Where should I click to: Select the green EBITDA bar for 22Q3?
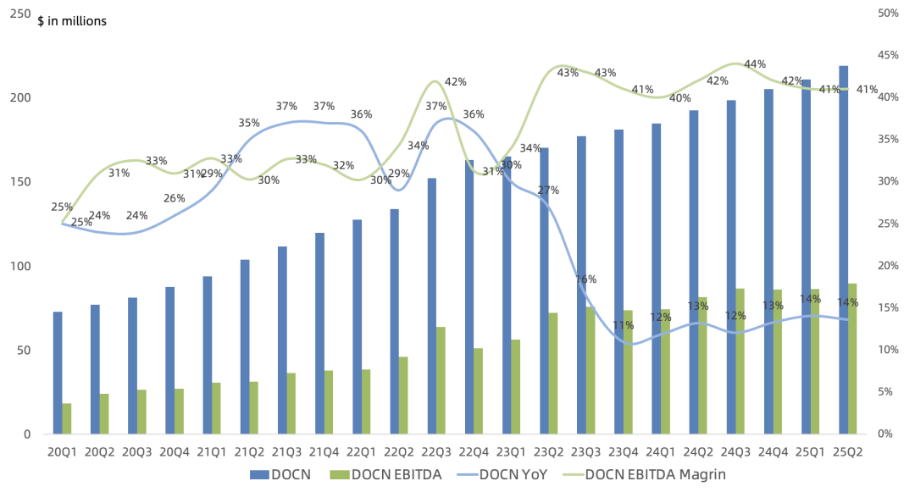pos(441,380)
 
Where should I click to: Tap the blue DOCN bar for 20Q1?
pos(58,373)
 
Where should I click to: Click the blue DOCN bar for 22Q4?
pos(469,296)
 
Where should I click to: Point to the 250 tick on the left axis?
pos(19,14)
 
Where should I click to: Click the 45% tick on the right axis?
pos(888,56)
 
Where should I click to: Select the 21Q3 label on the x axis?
pos(286,451)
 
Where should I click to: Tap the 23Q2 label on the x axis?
pos(548,451)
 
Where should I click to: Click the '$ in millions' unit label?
pos(72,21)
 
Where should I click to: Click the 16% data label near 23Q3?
pos(585,279)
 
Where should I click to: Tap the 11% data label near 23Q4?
pos(624,325)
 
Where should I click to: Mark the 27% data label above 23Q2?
pos(548,191)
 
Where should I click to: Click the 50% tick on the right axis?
pos(888,14)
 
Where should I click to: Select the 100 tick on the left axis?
pos(19,266)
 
